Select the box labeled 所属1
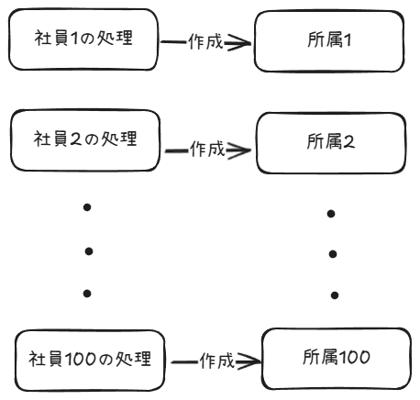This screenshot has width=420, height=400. click(327, 41)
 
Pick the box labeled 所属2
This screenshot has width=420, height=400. click(327, 142)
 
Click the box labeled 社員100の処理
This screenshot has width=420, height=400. click(90, 357)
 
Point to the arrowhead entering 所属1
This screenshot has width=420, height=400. click(238, 42)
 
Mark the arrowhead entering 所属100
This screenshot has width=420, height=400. click(250, 362)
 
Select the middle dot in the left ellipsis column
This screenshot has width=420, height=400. click(88, 250)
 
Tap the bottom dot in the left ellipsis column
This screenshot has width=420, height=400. click(88, 294)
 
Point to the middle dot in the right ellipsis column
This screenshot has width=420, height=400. click(333, 253)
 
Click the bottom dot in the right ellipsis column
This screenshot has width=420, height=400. click(335, 295)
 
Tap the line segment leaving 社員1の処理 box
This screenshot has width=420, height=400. click(172, 42)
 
